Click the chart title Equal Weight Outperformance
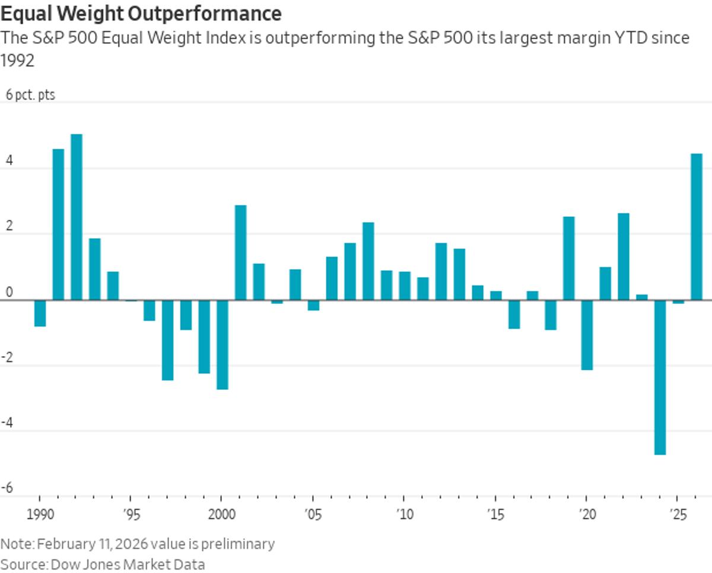point(141,13)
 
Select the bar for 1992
point(77,217)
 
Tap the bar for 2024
point(660,377)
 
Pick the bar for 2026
point(697,226)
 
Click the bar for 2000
point(223,344)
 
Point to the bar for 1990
point(40,313)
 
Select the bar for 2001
point(240,252)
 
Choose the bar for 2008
point(368,261)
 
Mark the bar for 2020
point(587,335)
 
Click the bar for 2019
point(568,258)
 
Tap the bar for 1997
point(168,340)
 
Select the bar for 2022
point(624,256)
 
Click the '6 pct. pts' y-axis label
point(30,95)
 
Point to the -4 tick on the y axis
point(8,423)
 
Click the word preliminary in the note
point(241,543)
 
